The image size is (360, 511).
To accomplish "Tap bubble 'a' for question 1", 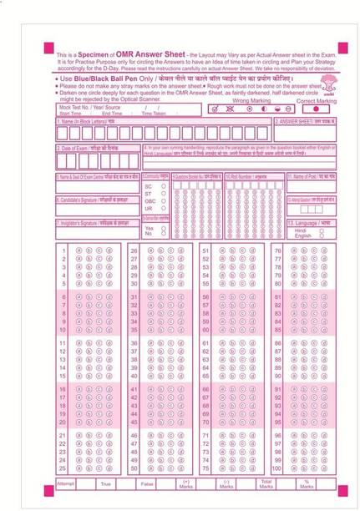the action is pyautogui.click(x=79, y=250).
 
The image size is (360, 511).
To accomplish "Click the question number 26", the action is pyautogui.click(x=133, y=250).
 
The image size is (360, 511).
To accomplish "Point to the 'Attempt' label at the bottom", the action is pyautogui.click(x=66, y=483).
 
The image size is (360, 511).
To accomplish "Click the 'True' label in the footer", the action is pyautogui.click(x=106, y=483).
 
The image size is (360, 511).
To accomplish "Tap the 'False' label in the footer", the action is pyautogui.click(x=147, y=483).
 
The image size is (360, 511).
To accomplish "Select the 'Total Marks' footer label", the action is pyautogui.click(x=266, y=484).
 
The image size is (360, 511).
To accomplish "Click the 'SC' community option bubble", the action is pyautogui.click(x=163, y=186).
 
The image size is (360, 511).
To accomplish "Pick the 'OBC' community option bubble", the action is pyautogui.click(x=163, y=200).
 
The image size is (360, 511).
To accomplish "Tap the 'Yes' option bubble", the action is pyautogui.click(x=163, y=227).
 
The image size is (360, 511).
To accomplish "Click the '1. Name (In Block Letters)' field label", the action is pyautogui.click(x=86, y=121).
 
